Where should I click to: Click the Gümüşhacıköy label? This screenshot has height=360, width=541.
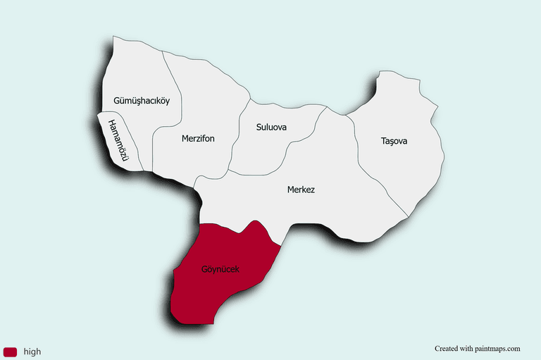[x=142, y=101]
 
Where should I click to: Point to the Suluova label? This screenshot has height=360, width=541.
[x=271, y=128]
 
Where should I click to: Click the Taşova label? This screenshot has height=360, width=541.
[x=394, y=141]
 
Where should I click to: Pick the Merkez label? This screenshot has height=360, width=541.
[x=301, y=190]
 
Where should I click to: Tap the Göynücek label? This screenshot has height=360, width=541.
[x=220, y=269]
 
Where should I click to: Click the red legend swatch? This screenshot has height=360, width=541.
[x=10, y=352]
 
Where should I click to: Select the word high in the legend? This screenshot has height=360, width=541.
[x=32, y=352]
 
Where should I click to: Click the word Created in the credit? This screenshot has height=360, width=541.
[x=445, y=348]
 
